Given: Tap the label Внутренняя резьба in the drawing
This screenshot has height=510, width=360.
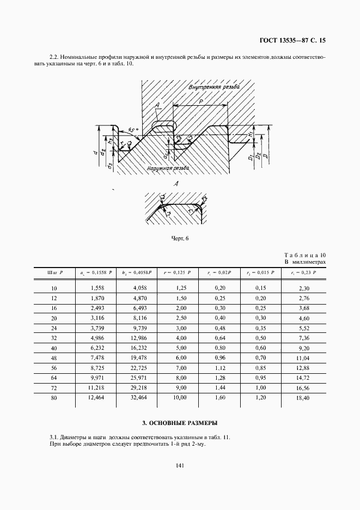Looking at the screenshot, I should [214, 87].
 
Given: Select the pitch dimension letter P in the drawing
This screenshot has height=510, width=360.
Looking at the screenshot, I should [202, 101].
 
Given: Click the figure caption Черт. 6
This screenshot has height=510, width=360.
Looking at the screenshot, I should [180, 238].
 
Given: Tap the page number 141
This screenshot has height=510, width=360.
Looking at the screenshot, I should [180, 465].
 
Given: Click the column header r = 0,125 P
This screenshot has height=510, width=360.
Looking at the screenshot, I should [179, 271].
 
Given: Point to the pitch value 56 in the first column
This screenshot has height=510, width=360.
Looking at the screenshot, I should [53, 368].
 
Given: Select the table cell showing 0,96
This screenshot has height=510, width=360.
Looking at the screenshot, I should [220, 357].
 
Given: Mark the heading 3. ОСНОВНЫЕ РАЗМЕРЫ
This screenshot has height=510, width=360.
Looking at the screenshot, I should [180, 422].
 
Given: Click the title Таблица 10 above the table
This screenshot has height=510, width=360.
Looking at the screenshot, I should [305, 255].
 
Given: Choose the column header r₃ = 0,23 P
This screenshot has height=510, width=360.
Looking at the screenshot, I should [303, 271].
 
